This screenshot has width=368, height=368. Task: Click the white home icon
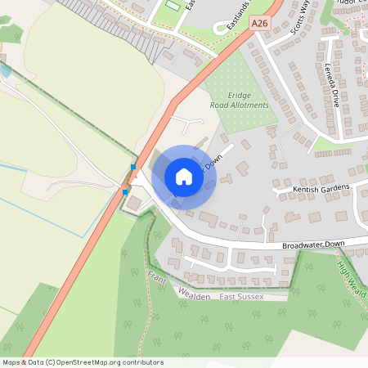tap(184, 177)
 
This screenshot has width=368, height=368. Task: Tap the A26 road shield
tap(260, 24)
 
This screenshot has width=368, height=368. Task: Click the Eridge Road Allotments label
tap(240, 101)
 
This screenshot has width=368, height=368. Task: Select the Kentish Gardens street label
tap(321, 189)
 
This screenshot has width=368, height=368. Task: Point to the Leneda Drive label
tap(332, 86)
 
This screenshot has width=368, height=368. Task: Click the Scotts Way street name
tap(302, 18)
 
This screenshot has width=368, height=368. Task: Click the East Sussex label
tap(241, 296)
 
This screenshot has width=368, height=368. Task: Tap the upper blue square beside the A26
tap(133, 167)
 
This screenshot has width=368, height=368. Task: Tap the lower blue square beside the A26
tap(125, 192)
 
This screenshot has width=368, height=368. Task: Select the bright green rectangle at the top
tap(172, 7)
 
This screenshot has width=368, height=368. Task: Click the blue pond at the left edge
tap(5, 71)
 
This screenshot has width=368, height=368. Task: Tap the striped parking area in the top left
tap(90, 13)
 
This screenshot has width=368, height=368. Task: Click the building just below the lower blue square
tap(133, 202)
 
